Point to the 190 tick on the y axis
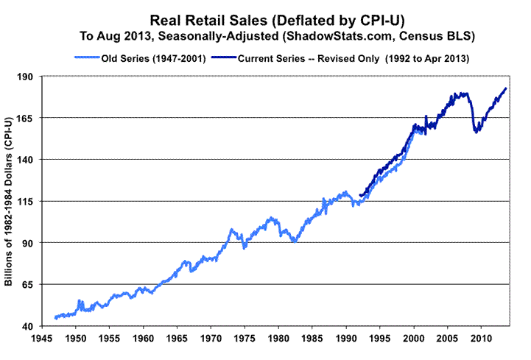[x=28, y=77]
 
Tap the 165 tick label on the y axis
[x=28, y=118]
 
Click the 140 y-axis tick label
[x=28, y=160]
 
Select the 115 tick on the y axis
[x=28, y=201]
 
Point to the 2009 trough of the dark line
[x=477, y=132]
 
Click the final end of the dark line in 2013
[x=506, y=88]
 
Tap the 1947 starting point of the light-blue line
[x=55, y=319]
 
